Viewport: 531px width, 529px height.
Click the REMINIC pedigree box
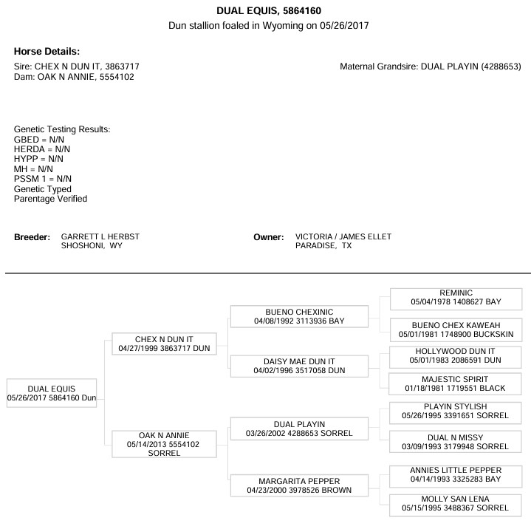click(x=456, y=299)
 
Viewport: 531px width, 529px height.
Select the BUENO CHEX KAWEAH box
click(x=456, y=330)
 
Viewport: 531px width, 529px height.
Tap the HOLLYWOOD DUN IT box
click(x=455, y=357)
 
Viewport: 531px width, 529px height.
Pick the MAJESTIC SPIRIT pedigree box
click(x=455, y=384)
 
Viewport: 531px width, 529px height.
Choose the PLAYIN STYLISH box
click(x=455, y=413)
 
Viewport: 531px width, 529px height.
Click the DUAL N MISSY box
click(x=455, y=442)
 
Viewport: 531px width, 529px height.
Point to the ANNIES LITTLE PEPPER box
click(x=456, y=477)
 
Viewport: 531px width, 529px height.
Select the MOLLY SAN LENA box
click(x=455, y=505)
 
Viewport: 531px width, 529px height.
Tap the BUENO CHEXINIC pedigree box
click(x=299, y=316)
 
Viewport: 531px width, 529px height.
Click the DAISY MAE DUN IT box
click(x=299, y=366)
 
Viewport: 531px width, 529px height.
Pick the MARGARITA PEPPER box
click(x=299, y=485)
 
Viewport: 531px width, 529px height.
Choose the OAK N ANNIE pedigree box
click(x=164, y=444)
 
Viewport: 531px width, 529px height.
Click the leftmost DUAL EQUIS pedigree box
click(x=52, y=393)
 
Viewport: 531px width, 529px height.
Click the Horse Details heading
click(x=47, y=52)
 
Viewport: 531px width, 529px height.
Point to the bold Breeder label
click(x=32, y=237)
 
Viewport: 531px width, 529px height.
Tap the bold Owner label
click(x=269, y=237)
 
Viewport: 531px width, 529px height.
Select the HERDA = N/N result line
click(x=42, y=149)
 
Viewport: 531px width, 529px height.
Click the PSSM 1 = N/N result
click(x=43, y=179)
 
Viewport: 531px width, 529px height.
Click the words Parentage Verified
click(x=50, y=199)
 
